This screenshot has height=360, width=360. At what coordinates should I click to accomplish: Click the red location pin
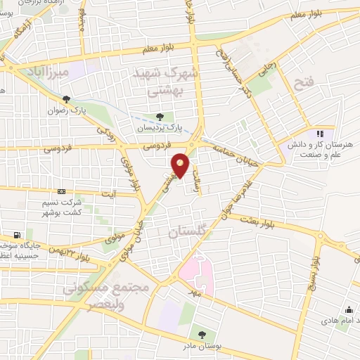181,165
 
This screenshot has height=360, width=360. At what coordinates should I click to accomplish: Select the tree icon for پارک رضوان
67,99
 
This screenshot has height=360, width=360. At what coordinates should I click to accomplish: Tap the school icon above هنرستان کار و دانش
321,133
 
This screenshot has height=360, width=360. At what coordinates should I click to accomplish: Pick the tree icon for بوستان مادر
202,335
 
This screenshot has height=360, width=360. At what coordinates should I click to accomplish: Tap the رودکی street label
105,130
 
